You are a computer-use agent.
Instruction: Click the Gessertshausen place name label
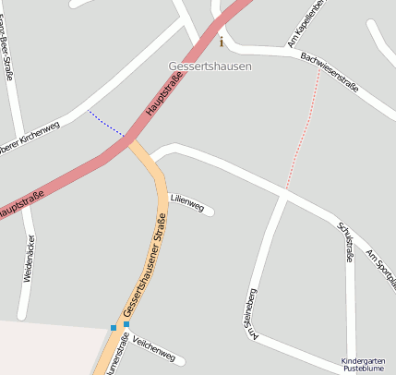[x=210, y=67]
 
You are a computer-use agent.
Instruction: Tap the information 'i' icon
[x=222, y=42]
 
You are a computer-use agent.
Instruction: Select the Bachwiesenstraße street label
[x=329, y=72]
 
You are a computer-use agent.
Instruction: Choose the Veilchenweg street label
[x=153, y=349]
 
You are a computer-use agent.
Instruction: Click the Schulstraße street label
[x=346, y=242]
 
